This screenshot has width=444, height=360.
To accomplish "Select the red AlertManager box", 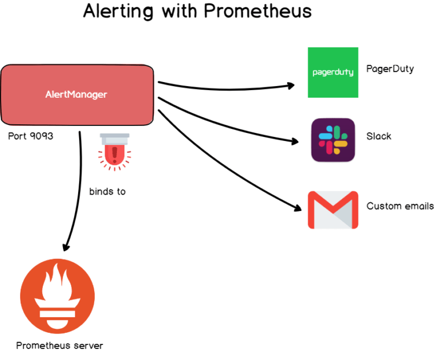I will tap(77, 94).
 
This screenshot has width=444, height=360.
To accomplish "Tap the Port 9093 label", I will tap(31, 137).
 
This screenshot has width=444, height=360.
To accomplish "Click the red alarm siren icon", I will tap(114, 151).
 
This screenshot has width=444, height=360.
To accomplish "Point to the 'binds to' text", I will tap(107, 191).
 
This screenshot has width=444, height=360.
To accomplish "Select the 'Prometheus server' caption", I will tap(60, 346).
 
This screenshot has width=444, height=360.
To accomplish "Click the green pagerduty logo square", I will tap(332, 72).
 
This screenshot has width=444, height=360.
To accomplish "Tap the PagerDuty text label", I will tap(390, 69).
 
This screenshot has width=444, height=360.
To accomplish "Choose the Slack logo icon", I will tap(333, 140).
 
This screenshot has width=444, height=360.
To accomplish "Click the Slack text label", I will tap(379, 136).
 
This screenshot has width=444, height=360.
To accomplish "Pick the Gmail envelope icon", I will tap(332, 210).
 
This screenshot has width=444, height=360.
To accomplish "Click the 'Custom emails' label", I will tap(400, 206).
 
